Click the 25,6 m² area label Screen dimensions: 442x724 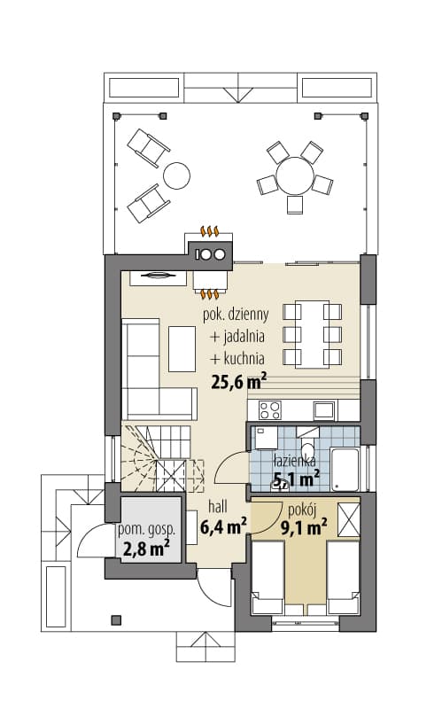point(239,381)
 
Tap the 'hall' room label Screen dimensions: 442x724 point(217,507)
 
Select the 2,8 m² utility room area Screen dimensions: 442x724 point(146,549)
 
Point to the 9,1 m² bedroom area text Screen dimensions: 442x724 point(304,527)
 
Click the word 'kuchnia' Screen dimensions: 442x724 point(244,358)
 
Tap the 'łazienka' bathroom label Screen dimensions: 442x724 point(295,460)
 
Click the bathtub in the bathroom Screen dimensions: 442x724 point(345,468)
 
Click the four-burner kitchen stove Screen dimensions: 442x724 point(270,409)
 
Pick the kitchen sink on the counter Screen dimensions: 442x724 point(324,410)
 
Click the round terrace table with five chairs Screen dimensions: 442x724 point(295,175)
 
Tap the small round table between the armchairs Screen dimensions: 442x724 point(176,175)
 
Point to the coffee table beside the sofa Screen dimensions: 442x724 point(182,349)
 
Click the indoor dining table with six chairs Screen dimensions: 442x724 point(312,334)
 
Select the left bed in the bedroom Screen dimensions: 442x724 point(268,578)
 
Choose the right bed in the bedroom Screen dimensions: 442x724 point(344,578)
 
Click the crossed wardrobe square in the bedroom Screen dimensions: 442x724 point(349,520)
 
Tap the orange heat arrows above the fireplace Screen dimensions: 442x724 point(209,230)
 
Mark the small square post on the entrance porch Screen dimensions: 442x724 point(117,619)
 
